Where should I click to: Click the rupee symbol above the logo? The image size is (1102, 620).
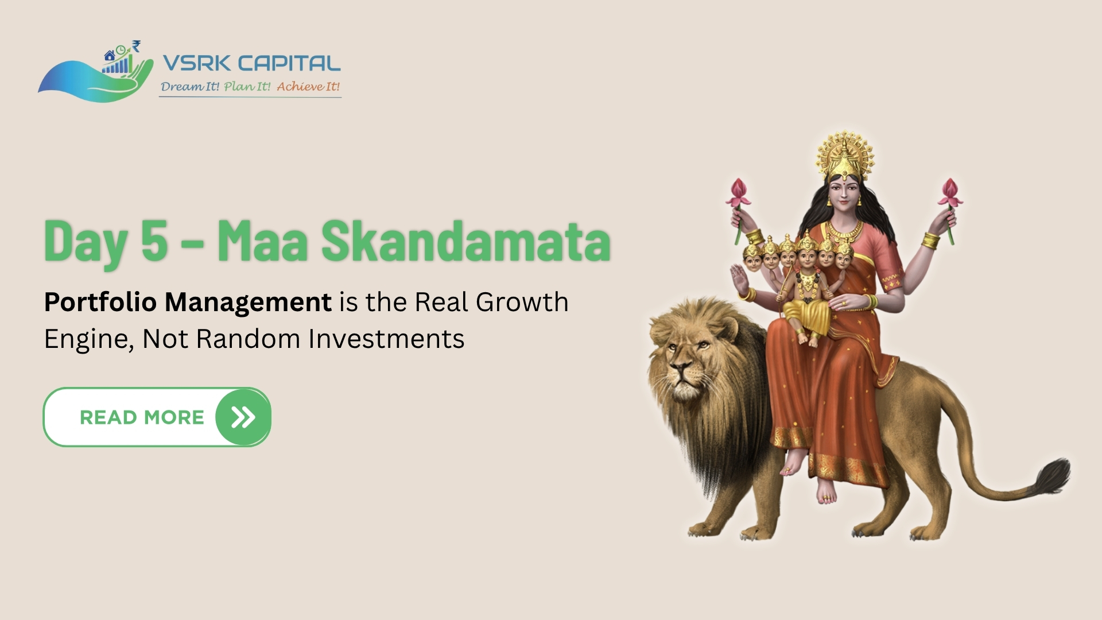[x=136, y=45]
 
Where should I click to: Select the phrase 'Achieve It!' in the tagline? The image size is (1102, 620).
[x=308, y=87]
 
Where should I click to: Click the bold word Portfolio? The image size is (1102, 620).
[x=100, y=302]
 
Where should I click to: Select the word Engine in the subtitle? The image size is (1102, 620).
[x=89, y=339]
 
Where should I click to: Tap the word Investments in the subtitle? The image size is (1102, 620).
[x=386, y=339]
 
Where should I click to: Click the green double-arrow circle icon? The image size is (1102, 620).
[x=243, y=417]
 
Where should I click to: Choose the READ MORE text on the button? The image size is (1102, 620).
[x=142, y=417]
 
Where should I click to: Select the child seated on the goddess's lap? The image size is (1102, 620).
[x=808, y=293]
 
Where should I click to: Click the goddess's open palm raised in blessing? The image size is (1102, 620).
[x=739, y=279]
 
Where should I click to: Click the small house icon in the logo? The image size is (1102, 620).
[x=109, y=56]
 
